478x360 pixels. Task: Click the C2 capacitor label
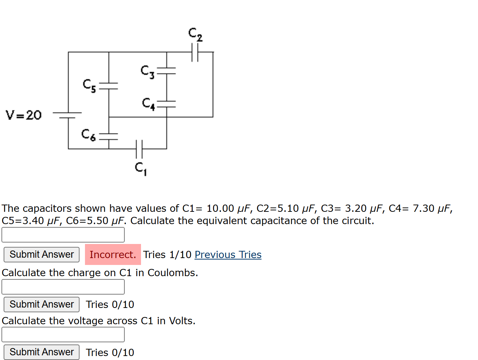[x=195, y=34]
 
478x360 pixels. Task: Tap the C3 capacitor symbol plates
[x=167, y=71]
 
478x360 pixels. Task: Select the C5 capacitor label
[x=89, y=86]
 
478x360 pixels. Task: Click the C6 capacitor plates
[x=109, y=136]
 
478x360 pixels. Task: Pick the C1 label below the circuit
[x=140, y=168]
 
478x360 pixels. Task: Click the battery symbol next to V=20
[x=68, y=115]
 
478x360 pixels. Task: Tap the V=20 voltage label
[x=24, y=115]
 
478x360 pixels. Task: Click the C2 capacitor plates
[x=195, y=52]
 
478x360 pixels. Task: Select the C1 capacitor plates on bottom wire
[x=139, y=149]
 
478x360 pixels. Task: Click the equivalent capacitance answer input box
[x=63, y=235]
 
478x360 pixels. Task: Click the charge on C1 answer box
[x=63, y=287]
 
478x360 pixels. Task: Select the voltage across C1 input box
[x=63, y=335]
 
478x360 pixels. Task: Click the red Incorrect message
[x=113, y=254]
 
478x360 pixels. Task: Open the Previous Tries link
[x=228, y=254]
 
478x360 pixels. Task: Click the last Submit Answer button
[x=42, y=352]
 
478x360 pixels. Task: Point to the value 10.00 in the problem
[x=220, y=209]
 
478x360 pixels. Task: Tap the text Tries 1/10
[x=167, y=254]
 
